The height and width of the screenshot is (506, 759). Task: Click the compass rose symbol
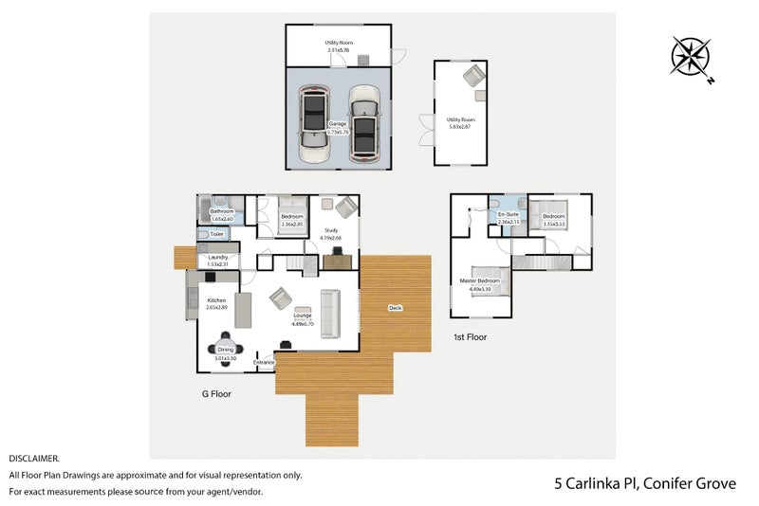click(x=690, y=55)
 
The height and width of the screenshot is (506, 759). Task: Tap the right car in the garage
click(x=363, y=123)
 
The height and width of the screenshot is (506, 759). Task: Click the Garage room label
click(x=337, y=124)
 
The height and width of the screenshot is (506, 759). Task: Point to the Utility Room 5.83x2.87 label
click(x=461, y=120)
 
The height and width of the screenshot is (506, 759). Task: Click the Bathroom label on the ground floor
click(x=221, y=211)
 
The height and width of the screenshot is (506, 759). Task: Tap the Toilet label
click(x=216, y=234)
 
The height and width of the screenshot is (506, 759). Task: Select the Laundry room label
click(x=218, y=257)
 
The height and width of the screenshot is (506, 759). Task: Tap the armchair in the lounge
click(x=281, y=299)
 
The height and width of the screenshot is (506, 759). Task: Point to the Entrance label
click(x=264, y=362)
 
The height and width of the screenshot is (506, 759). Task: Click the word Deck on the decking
click(x=395, y=307)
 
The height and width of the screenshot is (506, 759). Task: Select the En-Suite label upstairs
click(x=508, y=215)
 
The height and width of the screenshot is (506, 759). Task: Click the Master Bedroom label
click(x=479, y=282)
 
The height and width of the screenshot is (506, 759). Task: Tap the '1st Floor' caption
click(x=470, y=336)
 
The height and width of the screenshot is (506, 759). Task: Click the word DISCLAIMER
click(x=34, y=458)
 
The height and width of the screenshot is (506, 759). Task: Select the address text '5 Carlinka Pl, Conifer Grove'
click(x=645, y=483)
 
